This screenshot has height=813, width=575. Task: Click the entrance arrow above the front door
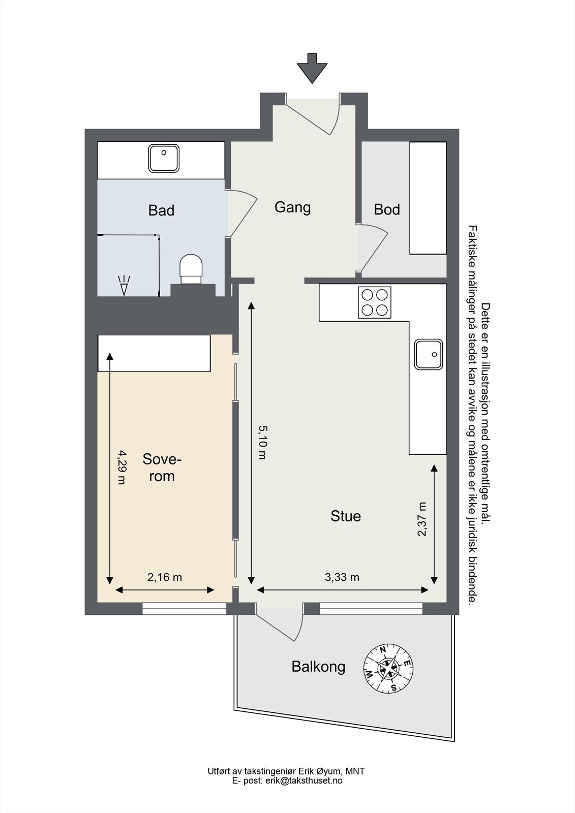pyautogui.click(x=312, y=68)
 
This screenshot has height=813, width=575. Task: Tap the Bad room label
pyautogui.click(x=161, y=210)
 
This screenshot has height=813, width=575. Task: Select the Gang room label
pyautogui.click(x=292, y=208)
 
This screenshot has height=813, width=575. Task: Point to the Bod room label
pyautogui.click(x=387, y=209)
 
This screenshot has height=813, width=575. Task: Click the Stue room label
pyautogui.click(x=345, y=516)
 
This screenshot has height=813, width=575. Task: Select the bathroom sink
pyautogui.click(x=164, y=158)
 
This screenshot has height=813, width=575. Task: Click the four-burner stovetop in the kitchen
pyautogui.click(x=375, y=302)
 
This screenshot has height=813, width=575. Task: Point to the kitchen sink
pyautogui.click(x=429, y=355)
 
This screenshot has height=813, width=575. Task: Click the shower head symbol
pyautogui.click(x=124, y=286)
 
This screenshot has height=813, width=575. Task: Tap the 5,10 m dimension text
pyautogui.click(x=262, y=443)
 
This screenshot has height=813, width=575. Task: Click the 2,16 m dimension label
pyautogui.click(x=165, y=577)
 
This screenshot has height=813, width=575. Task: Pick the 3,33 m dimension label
pyautogui.click(x=342, y=577)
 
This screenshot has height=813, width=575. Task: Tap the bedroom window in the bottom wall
pyautogui.click(x=184, y=609)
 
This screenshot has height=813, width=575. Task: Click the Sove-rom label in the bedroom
pyautogui.click(x=162, y=467)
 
